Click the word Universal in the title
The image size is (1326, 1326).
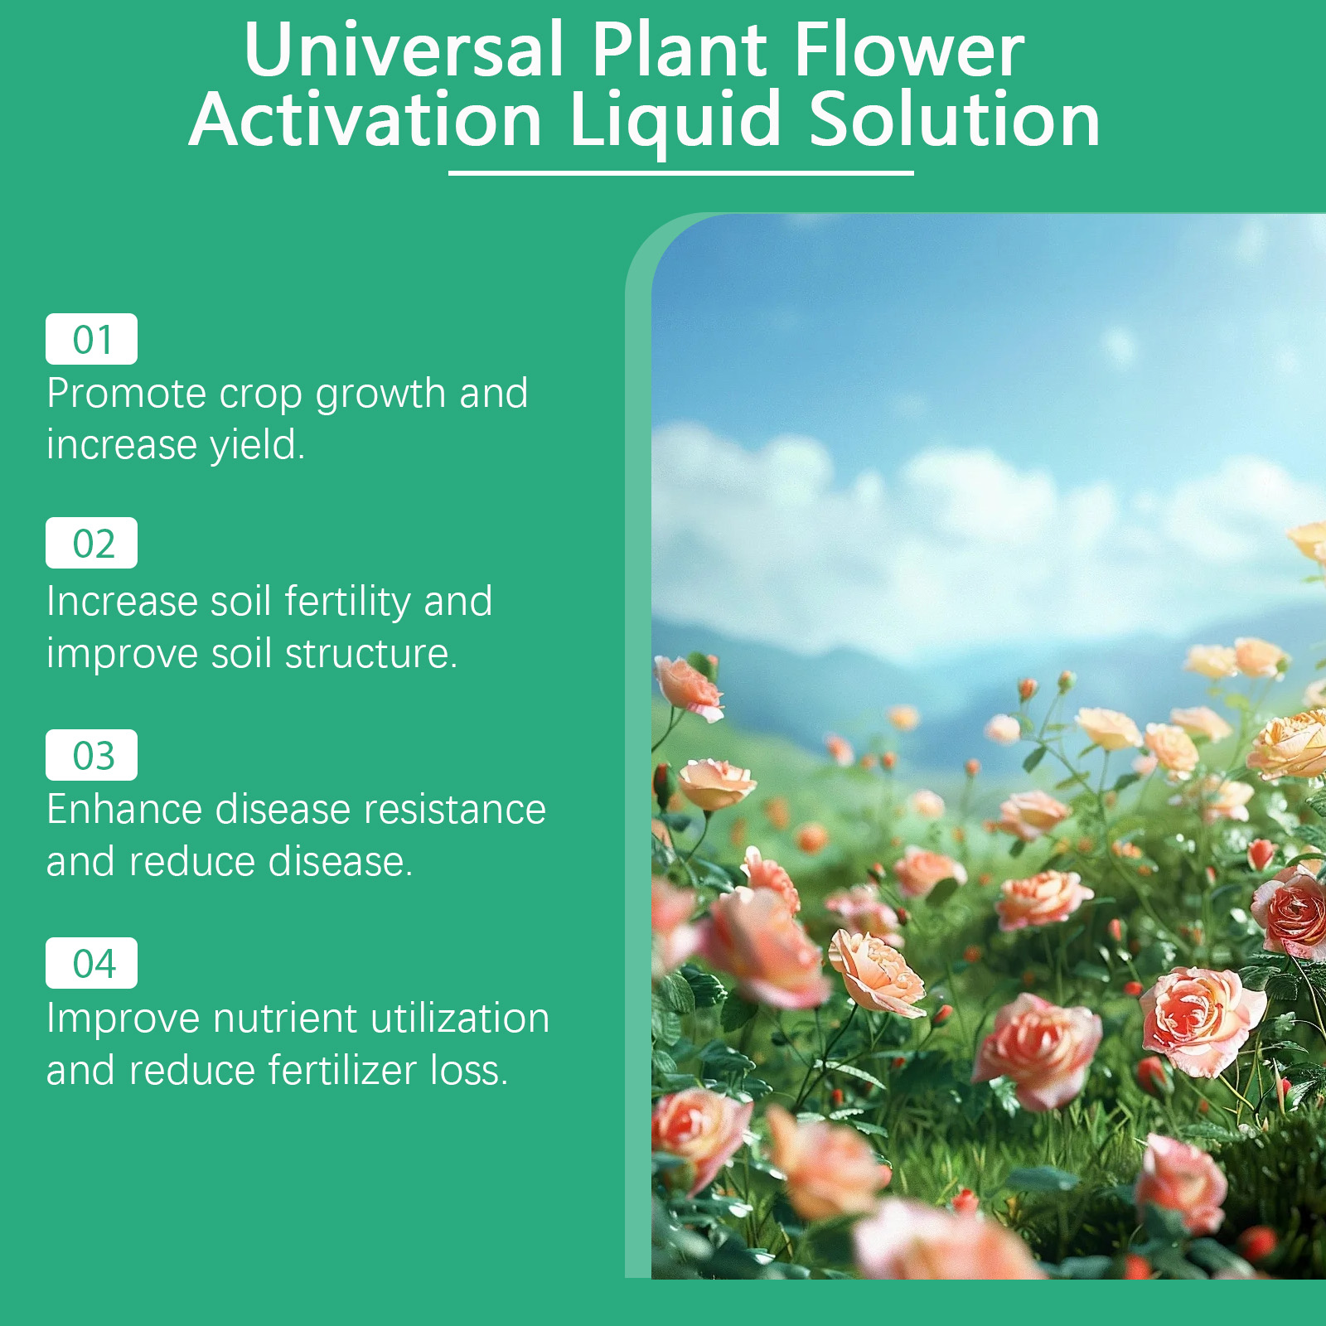point(404,49)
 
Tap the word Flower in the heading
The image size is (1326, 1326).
point(909,49)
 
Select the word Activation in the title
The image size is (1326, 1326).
point(365,120)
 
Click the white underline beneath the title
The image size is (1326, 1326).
point(680,172)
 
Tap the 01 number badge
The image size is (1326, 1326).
point(91,339)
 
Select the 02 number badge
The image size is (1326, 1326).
point(91,543)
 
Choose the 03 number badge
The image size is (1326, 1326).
point(91,755)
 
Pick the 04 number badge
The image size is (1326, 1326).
point(91,963)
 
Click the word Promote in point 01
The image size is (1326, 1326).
point(127,394)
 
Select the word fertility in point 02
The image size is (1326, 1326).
point(347,602)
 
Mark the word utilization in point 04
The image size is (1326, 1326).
point(460,1018)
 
